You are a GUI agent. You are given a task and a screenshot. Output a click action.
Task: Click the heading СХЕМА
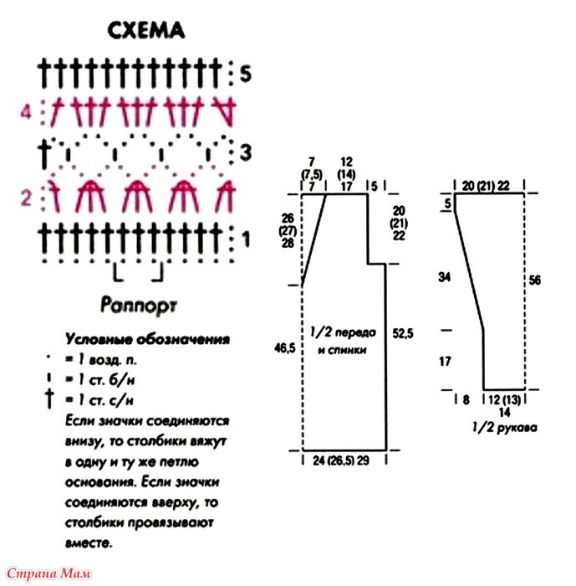click(x=146, y=30)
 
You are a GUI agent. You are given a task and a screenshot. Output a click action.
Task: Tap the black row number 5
click(x=245, y=74)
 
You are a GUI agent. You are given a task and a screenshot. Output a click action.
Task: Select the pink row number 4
click(x=25, y=111)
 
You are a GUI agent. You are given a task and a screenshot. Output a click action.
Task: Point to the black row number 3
click(x=245, y=152)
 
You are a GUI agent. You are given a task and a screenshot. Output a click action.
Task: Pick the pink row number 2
click(x=26, y=198)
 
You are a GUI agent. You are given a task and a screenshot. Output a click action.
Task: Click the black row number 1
click(x=246, y=239)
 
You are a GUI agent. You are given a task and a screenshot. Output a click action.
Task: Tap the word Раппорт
click(x=139, y=306)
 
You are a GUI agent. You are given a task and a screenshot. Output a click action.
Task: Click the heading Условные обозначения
click(x=147, y=339)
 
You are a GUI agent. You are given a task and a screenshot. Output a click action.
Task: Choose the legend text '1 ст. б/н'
click(x=106, y=380)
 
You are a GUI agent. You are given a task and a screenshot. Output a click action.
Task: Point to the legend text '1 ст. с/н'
click(x=105, y=400)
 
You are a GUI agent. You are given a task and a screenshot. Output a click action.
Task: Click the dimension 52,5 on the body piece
click(x=403, y=333)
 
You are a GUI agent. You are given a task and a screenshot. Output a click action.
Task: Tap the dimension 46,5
click(x=285, y=348)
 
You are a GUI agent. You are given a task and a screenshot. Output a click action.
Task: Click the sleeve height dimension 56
click(x=534, y=280)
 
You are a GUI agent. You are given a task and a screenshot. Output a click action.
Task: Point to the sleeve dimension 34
click(x=444, y=277)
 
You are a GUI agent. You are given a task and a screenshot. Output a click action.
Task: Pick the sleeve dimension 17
click(x=445, y=362)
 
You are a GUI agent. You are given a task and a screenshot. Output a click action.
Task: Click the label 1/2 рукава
click(x=504, y=427)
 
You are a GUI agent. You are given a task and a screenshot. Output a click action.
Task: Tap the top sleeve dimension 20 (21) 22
click(x=486, y=186)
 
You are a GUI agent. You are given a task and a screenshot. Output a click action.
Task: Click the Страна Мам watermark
click(x=48, y=573)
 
